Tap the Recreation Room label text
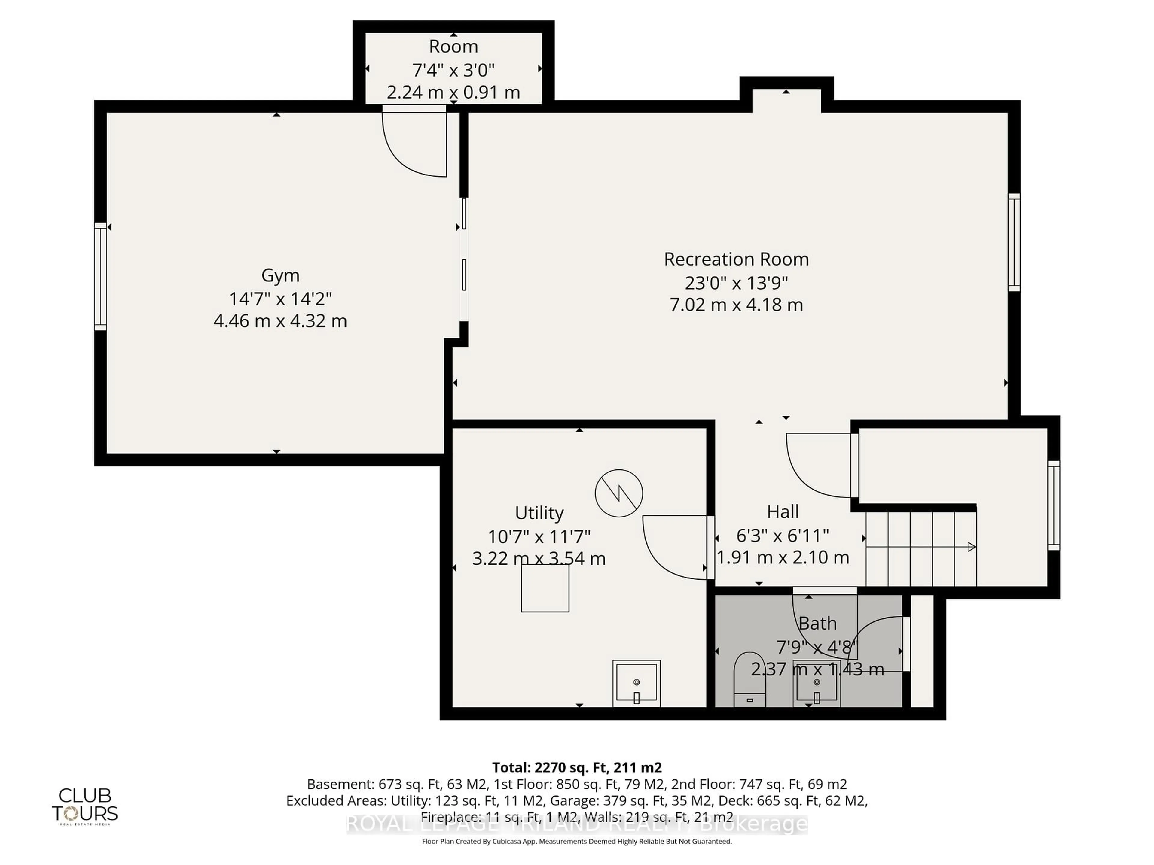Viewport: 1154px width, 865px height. tap(736, 259)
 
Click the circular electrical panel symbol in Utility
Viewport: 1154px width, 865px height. tap(619, 493)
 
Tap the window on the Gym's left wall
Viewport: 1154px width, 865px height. tap(100, 276)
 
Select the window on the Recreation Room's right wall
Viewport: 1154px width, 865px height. tap(1014, 242)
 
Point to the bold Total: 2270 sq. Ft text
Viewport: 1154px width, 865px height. tap(576, 767)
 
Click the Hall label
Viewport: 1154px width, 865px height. tap(783, 511)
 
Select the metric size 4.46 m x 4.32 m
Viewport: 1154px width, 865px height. tap(280, 321)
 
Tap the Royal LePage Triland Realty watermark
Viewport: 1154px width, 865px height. tap(576, 824)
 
